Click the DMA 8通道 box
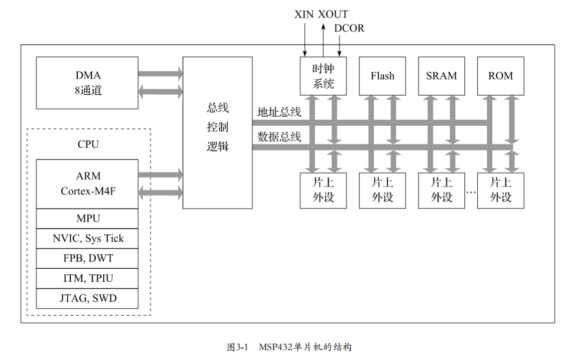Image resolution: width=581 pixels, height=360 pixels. [87, 83]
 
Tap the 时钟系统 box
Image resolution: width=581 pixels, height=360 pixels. [323, 76]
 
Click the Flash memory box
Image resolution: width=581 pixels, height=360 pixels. [382, 76]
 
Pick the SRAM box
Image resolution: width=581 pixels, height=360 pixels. [441, 76]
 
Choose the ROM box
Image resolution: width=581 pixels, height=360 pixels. [500, 76]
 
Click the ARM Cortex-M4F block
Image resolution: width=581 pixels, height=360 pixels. [87, 183]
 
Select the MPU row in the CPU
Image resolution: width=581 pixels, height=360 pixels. [87, 218]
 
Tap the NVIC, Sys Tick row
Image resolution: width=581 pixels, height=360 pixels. [87, 238]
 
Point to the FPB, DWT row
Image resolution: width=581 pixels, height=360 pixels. [87, 258]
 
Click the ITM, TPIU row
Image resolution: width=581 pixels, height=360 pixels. [87, 278]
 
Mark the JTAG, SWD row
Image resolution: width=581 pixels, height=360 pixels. [87, 298]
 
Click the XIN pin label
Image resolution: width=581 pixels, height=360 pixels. [304, 14]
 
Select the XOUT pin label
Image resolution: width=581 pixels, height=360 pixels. [333, 14]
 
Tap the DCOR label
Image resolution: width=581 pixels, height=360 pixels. [349, 28]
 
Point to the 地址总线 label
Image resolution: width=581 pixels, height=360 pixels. [279, 112]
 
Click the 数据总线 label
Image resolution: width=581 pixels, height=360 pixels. [279, 137]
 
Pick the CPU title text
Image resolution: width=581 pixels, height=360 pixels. [88, 145]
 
